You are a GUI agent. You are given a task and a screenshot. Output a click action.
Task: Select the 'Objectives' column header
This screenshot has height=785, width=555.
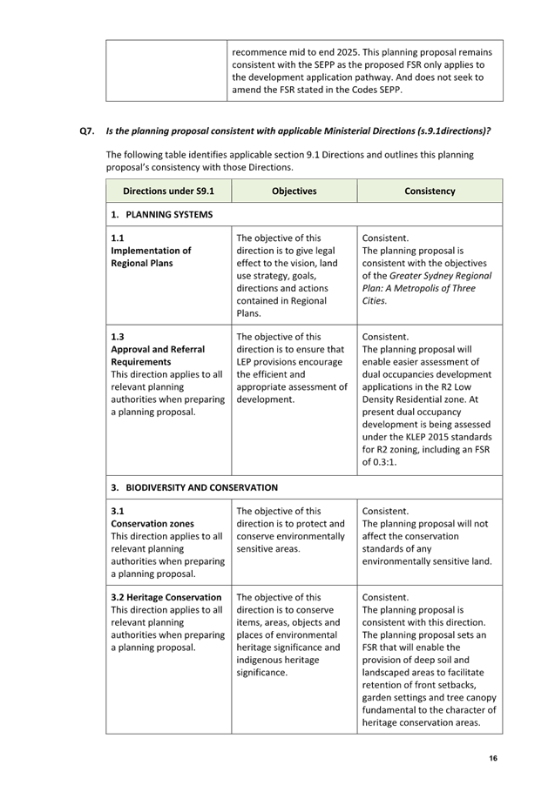point(294,191)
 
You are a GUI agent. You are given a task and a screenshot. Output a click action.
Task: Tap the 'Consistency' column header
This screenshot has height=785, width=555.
point(430,191)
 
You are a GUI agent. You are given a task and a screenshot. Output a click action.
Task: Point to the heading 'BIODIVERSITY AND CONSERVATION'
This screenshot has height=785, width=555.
point(201,487)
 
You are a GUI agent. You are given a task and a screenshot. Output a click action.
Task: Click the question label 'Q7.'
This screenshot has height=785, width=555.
point(86,131)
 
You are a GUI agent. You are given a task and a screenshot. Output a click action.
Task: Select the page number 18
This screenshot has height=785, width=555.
point(492,759)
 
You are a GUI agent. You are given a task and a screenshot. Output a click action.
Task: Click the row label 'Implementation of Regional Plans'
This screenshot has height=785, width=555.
point(151,257)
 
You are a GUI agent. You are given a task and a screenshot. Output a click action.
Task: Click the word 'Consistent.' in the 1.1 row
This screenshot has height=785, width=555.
point(385,238)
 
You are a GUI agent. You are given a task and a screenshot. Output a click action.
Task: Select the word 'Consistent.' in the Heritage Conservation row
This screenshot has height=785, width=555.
point(385,597)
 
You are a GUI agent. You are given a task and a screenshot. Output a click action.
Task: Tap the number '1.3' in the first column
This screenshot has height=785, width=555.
point(117,337)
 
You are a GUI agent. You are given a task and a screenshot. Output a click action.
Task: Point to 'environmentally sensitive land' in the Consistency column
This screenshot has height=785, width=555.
point(425,561)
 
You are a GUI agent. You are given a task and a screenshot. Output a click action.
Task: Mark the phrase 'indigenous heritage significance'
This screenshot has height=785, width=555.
point(279,667)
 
